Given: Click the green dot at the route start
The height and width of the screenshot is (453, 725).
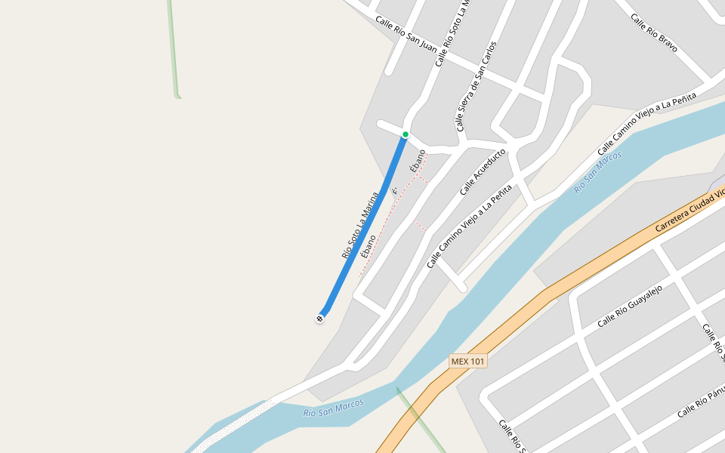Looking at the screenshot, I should coord(406,135).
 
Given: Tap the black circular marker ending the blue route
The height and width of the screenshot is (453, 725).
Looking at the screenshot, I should coord(319,319).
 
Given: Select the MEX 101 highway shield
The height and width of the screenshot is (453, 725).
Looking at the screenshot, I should coord(467,362).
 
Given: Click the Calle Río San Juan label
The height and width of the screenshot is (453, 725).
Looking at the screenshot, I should coord(406,35).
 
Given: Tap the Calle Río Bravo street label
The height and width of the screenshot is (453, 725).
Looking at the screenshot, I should coord(654,33).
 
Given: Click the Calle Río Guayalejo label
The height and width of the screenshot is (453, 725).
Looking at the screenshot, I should coord(629,307).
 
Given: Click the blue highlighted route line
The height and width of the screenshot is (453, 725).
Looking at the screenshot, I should coord(362,226).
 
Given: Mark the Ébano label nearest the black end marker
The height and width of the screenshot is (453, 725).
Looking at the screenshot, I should coord(369,247).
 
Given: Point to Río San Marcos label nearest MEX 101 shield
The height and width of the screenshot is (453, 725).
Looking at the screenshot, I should coord(333,408).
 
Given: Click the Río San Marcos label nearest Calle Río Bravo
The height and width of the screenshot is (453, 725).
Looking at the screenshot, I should coord(597,171).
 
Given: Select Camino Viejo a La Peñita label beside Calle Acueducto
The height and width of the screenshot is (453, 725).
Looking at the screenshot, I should coord(470,226).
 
